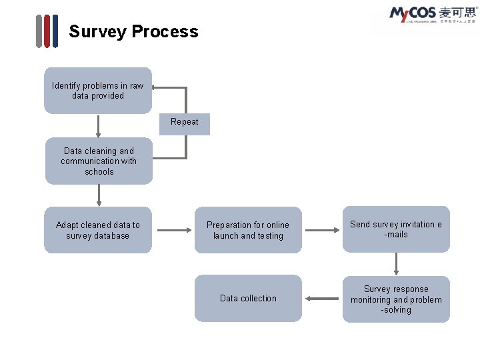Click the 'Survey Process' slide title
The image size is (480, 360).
click(133, 31)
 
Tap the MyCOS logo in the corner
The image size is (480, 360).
click(432, 15)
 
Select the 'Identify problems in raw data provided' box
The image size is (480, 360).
click(98, 91)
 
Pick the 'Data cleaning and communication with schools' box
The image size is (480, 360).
click(99, 161)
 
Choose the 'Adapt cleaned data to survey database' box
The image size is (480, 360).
click(98, 231)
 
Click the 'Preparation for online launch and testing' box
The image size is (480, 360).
click(248, 231)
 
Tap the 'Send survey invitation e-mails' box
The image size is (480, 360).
click(396, 229)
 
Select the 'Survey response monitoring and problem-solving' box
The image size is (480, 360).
click(396, 299)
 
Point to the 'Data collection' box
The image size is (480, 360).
click(248, 299)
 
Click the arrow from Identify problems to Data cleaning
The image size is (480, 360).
click(98, 126)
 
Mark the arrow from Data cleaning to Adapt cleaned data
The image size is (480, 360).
click(99, 195)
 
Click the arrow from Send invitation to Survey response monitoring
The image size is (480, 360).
click(396, 264)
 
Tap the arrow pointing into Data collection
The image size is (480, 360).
click(323, 299)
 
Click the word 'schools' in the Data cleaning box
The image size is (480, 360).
click(99, 172)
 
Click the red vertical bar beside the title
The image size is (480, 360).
click(47, 31)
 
